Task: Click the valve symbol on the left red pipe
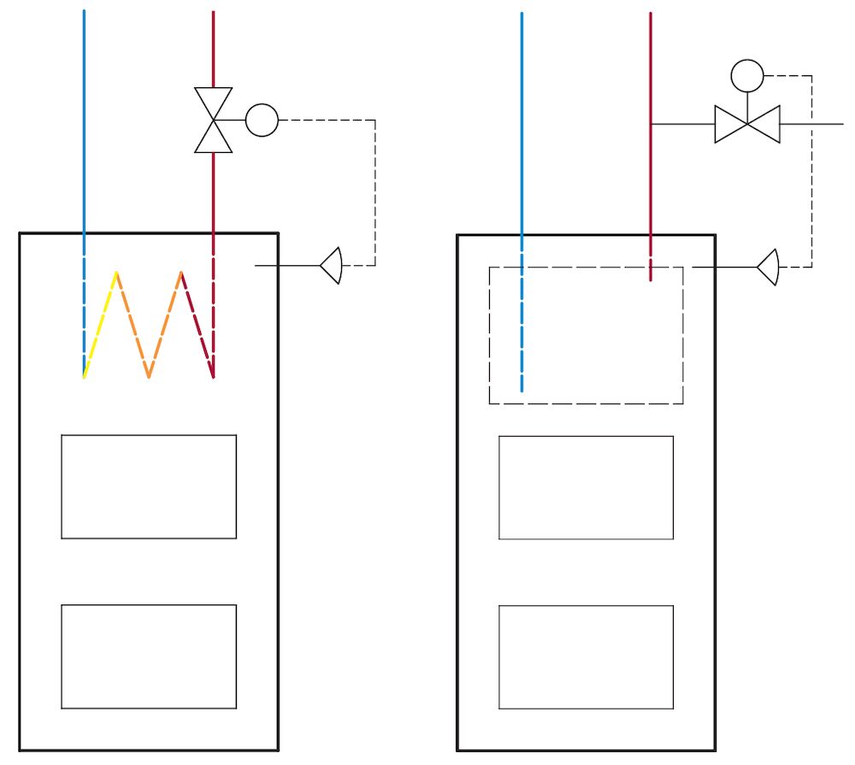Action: coord(213,121)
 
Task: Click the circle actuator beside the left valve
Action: coord(262,121)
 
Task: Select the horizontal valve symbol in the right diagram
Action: coord(747,125)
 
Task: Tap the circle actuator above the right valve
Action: coord(747,75)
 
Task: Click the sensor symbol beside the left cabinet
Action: coord(332,266)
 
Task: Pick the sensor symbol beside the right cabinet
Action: coord(768,268)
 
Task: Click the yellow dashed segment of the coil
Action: coord(100,325)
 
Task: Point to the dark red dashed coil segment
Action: coord(198,325)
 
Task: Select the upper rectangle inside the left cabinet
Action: coord(149,486)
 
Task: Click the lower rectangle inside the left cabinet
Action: coord(149,656)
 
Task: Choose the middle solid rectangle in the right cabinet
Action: coord(586,487)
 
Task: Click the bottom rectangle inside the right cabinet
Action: coord(586,657)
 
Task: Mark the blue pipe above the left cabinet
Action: coord(84,120)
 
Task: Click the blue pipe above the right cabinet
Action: coord(522,120)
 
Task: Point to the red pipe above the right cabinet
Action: coord(651,68)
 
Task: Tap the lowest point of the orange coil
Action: coord(149,376)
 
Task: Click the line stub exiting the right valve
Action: coord(812,125)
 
